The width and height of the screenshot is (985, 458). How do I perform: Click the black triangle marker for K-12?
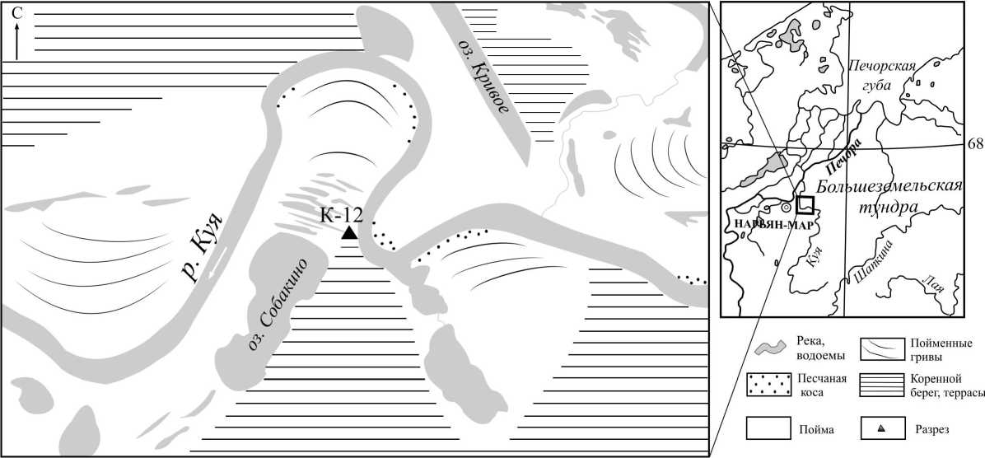pos(348,233)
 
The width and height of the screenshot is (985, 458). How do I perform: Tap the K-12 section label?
pos(341,215)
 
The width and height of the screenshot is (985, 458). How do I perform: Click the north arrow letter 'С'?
pos(17,13)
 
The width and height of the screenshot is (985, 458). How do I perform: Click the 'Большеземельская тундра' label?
pos(889,197)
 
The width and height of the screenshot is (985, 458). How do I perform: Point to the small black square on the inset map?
pos(805,205)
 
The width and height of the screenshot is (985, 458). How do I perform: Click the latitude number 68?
pos(976,144)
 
